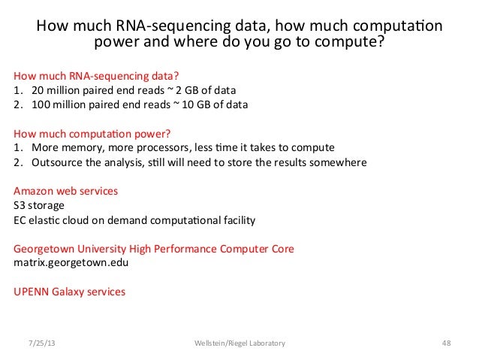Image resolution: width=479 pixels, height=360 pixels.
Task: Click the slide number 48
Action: [x=446, y=343]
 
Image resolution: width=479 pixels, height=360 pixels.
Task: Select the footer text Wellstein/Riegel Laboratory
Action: [x=239, y=343]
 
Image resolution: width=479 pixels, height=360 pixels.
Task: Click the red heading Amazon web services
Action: [x=66, y=191]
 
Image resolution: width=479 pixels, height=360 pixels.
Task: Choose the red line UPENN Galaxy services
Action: [x=70, y=292]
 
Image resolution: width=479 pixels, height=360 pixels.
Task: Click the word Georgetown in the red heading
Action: [x=47, y=249]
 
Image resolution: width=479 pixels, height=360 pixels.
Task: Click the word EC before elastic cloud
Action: [x=22, y=220]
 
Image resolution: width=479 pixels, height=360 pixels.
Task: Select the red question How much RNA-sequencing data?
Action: [x=97, y=76]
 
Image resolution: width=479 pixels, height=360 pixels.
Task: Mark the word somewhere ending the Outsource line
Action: [x=339, y=162]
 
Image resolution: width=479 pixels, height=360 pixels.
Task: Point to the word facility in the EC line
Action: [x=237, y=220]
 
